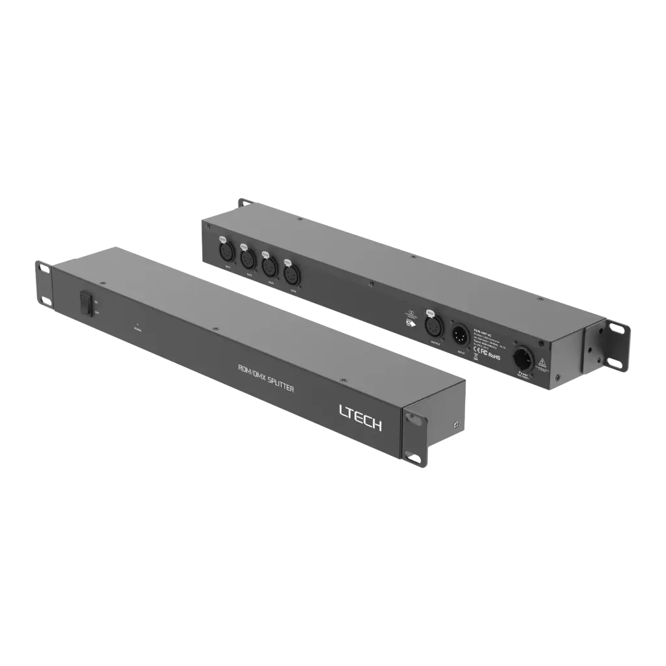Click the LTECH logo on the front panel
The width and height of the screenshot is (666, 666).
pos(361,416)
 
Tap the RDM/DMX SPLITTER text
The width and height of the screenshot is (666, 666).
pos(267,378)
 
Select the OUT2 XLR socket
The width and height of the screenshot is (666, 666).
pos(246,258)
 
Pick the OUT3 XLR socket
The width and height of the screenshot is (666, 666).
pos(267,265)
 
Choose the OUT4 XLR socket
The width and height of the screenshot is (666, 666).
pos(289,273)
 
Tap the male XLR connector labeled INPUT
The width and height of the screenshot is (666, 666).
pos(460,335)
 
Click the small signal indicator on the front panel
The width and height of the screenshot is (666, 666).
pos(137,323)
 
